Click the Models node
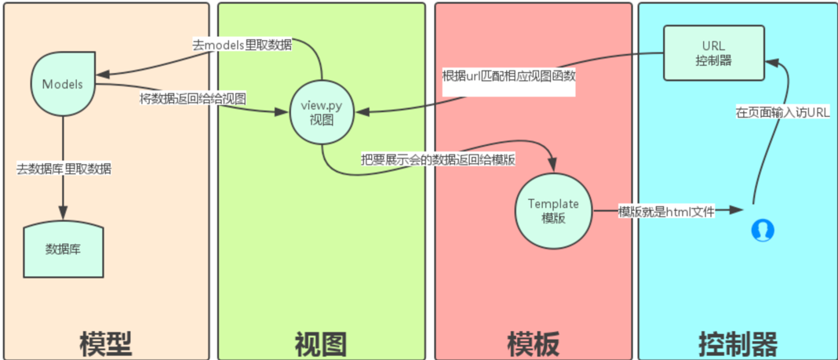coord(63,83)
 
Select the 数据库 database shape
coord(64,249)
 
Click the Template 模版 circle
coord(552,210)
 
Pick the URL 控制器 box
coord(714,53)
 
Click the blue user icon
coord(762,230)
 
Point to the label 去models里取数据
coord(242,45)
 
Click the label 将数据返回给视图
coord(193,100)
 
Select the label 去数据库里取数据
coord(64,169)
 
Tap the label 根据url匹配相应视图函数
coord(508,78)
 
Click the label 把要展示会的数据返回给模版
coord(438,158)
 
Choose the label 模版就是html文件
coord(665,211)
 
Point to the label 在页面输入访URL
coord(782,112)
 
